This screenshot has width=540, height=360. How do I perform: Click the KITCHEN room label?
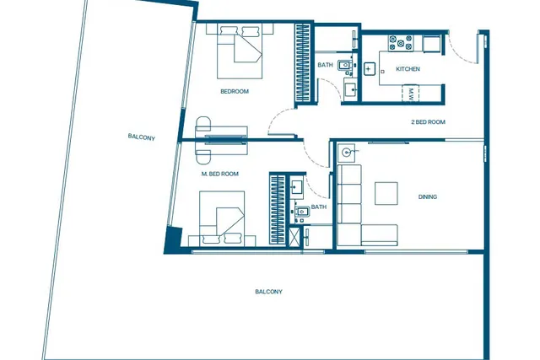tap(408, 69)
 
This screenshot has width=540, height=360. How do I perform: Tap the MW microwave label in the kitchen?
tap(411, 94)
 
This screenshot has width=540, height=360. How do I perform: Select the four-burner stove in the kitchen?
tap(401, 43)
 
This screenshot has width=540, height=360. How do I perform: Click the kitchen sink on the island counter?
tap(370, 69)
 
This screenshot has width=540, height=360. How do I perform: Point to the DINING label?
tap(428, 197)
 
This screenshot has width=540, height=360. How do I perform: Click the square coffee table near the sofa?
tap(386, 193)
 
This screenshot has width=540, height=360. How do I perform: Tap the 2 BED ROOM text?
tap(428, 122)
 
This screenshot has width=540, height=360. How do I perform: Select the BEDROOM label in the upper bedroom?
tap(235, 91)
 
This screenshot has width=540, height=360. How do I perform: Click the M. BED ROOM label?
tap(219, 174)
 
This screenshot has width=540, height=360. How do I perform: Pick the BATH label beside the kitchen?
tap(325, 65)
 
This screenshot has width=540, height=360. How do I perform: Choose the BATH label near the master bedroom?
tap(319, 207)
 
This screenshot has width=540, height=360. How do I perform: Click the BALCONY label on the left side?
tap(142, 137)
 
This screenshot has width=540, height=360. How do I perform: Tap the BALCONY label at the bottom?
tap(268, 292)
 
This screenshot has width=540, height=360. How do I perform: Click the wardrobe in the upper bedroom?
tap(303, 62)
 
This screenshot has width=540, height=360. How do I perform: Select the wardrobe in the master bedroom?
tap(278, 209)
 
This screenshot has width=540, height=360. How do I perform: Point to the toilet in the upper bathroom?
tap(345, 65)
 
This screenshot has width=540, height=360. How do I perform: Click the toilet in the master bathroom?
tap(302, 212)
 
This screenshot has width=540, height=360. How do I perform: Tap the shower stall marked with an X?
tap(294, 236)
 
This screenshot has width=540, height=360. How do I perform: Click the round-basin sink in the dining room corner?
tap(347, 151)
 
